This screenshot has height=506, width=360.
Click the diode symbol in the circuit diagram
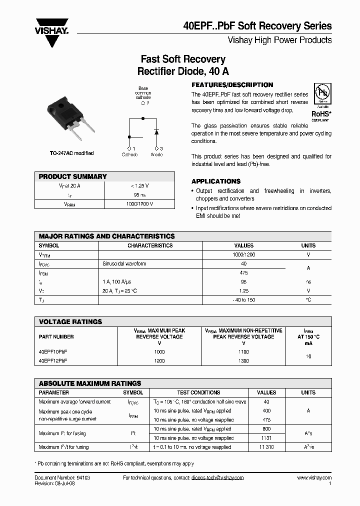pyautogui.click(x=156, y=132)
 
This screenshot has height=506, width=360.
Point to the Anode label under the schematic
pyautogui.click(x=156, y=155)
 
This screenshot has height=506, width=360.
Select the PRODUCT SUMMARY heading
pyautogui.click(x=72, y=176)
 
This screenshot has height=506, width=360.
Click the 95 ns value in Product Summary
pyautogui.click(x=139, y=195)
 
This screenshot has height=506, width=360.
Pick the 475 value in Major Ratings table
pyautogui.click(x=243, y=273)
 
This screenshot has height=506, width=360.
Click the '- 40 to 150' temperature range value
pyautogui.click(x=243, y=300)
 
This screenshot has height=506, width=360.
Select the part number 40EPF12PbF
pyautogui.click(x=53, y=360)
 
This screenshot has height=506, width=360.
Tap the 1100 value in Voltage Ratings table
pyautogui.click(x=243, y=352)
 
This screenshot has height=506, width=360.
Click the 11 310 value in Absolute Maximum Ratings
pyautogui.click(x=266, y=447)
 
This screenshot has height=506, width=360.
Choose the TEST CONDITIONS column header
pyautogui.click(x=198, y=393)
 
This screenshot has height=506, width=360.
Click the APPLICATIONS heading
pyautogui.click(x=216, y=181)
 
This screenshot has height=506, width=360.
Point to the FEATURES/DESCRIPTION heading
pyautogui.click(x=232, y=85)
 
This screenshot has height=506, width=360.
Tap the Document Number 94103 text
pyautogui.click(x=62, y=478)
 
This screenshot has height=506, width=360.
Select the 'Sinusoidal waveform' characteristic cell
pyautogui.click(x=124, y=263)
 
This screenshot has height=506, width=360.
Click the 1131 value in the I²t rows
pyautogui.click(x=266, y=438)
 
